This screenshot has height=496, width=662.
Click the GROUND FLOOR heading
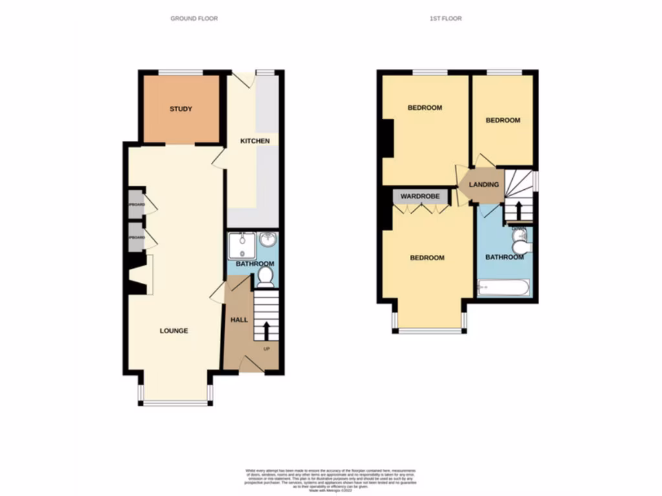194,19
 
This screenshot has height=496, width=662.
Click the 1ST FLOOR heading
445,19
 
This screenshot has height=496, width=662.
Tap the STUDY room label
181,109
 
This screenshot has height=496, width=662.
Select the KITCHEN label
255,141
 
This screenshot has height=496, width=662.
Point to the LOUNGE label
174,331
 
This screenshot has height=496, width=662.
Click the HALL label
239,319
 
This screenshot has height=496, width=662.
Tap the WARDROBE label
420,196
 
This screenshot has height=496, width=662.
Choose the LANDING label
484,185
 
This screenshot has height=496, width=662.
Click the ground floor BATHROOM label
255,263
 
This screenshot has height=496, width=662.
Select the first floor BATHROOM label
504,257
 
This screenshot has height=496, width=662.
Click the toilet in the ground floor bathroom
265,276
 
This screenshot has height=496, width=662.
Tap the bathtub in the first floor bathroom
504,287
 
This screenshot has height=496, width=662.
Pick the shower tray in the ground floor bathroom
242,245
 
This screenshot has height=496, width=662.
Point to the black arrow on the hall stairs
265,330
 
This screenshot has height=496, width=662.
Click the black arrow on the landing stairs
517,210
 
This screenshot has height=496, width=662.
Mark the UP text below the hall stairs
266,349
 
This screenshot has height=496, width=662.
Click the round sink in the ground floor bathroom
267,240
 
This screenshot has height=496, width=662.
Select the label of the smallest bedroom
502,120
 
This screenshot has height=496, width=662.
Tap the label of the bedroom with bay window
427,258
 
